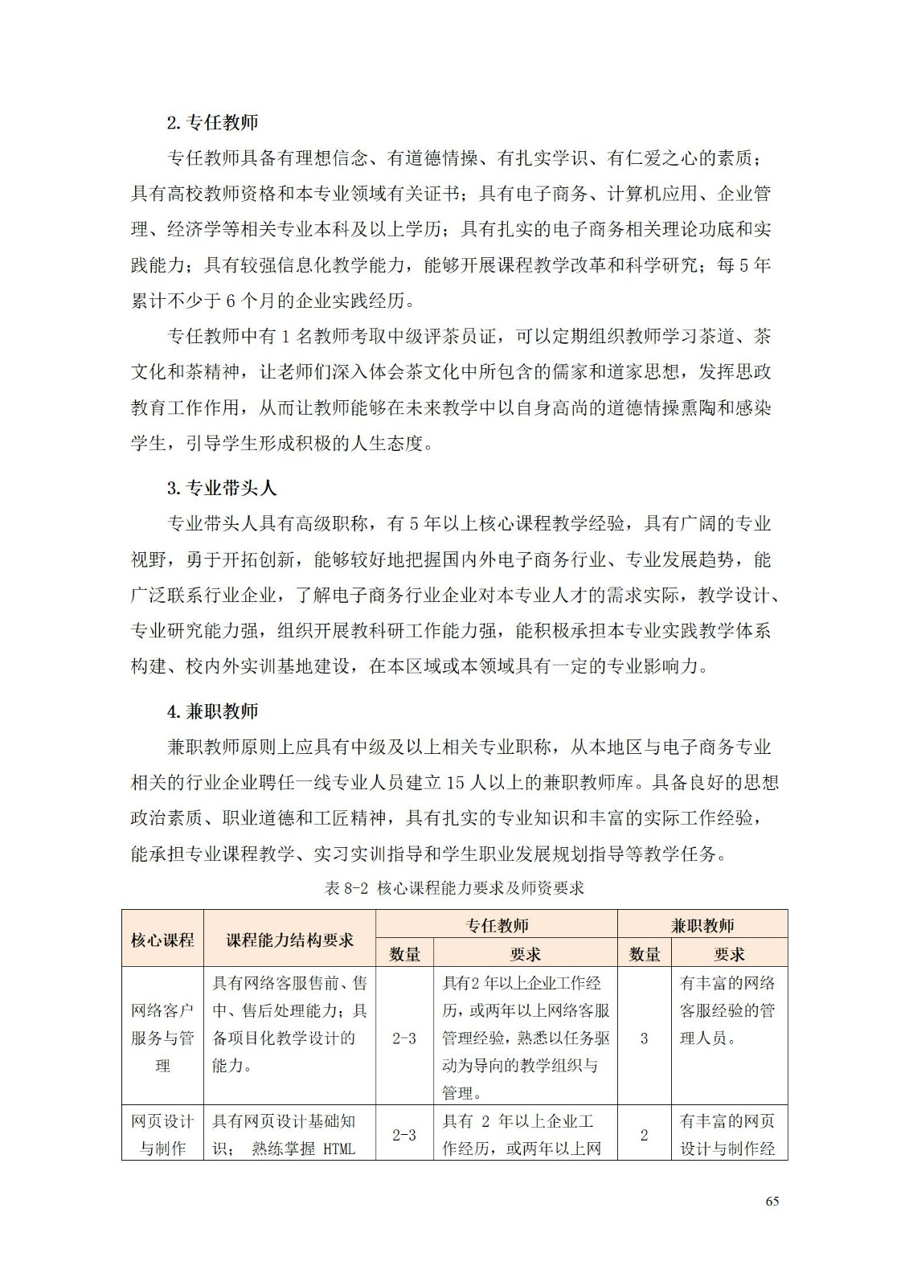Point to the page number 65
click(x=772, y=1201)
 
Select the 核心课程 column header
click(x=162, y=939)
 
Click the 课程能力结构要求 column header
click(x=289, y=939)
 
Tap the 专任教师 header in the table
click(x=497, y=925)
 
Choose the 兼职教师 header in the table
click(x=702, y=925)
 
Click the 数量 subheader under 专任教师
click(x=404, y=954)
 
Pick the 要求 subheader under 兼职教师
click(x=729, y=954)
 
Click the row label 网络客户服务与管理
click(x=162, y=1038)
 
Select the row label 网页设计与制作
click(x=162, y=1134)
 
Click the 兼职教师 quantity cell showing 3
click(x=644, y=1038)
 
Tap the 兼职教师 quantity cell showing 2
click(x=644, y=1135)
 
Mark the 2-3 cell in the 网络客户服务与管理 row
click(x=404, y=1038)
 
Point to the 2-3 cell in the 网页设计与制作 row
click(x=404, y=1135)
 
